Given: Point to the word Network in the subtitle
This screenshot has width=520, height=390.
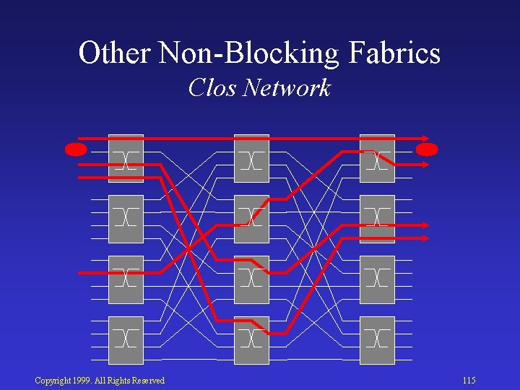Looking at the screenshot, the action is pyautogui.click(x=287, y=88).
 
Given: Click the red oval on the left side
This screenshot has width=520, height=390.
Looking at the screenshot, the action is pyautogui.click(x=76, y=149).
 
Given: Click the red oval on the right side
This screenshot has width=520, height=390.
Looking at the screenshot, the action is pyautogui.click(x=427, y=149).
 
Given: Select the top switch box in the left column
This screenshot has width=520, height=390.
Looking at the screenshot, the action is pyautogui.click(x=126, y=159).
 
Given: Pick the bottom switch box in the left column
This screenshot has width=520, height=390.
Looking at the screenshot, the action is pyautogui.click(x=126, y=339).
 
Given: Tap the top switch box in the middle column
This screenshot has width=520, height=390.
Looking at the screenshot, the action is pyautogui.click(x=251, y=159).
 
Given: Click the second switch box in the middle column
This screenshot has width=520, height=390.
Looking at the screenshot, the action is pyautogui.click(x=251, y=219).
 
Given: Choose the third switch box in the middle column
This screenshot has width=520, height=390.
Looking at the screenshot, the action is pyautogui.click(x=251, y=279).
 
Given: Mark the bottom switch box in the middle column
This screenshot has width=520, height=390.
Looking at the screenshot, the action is pyautogui.click(x=251, y=339).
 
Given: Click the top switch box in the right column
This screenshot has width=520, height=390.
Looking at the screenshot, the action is pyautogui.click(x=377, y=159).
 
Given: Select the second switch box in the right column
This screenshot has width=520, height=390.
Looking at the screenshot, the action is pyautogui.click(x=377, y=219).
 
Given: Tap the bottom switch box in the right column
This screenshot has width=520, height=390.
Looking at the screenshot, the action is pyautogui.click(x=377, y=339).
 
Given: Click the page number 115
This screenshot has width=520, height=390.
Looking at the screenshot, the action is pyautogui.click(x=469, y=381).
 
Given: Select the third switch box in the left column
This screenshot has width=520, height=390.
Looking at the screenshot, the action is pyautogui.click(x=126, y=279).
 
